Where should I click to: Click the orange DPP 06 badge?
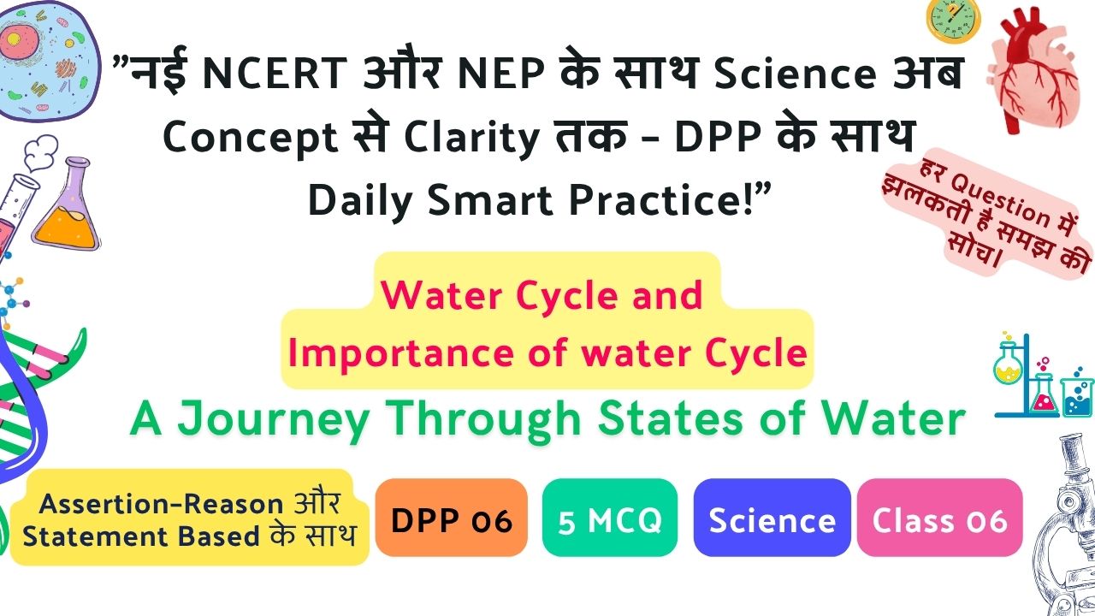pyautogui.click(x=451, y=518)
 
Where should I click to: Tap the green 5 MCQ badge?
pyautogui.click(x=610, y=518)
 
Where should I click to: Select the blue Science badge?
pyautogui.click(x=772, y=518)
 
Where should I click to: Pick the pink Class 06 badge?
pyautogui.click(x=939, y=518)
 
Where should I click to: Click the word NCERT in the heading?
pyautogui.click(x=275, y=74)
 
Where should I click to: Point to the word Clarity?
pyautogui.click(x=471, y=138)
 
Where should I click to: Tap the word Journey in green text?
pyautogui.click(x=273, y=420)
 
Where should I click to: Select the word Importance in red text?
pyautogui.click(x=401, y=354)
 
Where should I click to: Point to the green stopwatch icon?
pyautogui.click(x=953, y=20)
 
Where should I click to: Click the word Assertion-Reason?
pyautogui.click(x=161, y=504)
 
